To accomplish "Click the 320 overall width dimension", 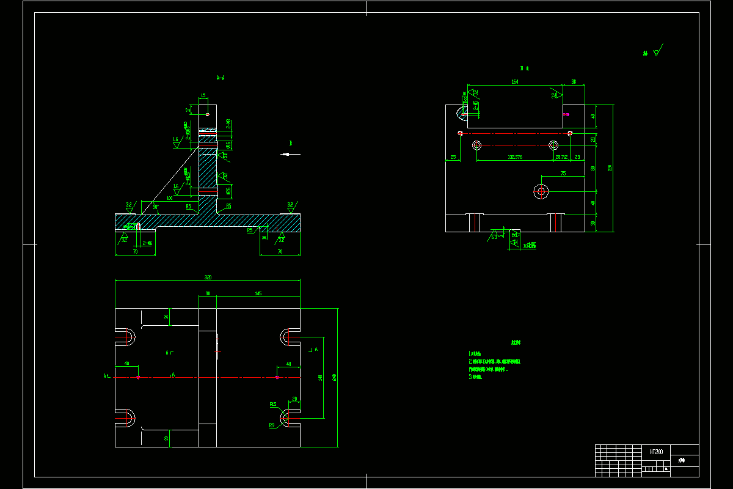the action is [x=208, y=278].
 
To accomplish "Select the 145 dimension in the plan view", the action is [x=258, y=294].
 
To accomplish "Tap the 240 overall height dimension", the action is [x=334, y=378].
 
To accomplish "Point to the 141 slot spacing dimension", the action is [x=319, y=378].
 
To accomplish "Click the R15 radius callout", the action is [x=273, y=404].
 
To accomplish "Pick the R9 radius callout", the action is [x=272, y=424].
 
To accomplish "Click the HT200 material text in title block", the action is [x=656, y=452].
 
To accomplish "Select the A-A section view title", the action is [x=221, y=78].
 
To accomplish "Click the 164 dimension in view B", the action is [x=514, y=81].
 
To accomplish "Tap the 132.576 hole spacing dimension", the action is [x=515, y=157].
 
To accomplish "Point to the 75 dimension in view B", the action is [x=563, y=174].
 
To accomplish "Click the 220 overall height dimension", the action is [x=609, y=168].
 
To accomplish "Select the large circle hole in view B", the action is [x=541, y=191].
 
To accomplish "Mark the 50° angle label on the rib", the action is [x=156, y=208].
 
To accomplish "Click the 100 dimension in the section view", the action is [x=169, y=198].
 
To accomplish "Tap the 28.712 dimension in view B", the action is [x=561, y=157].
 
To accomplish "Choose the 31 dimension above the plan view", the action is [x=208, y=294].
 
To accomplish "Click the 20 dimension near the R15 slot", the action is [x=295, y=399].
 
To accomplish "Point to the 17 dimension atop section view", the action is [x=188, y=110].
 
